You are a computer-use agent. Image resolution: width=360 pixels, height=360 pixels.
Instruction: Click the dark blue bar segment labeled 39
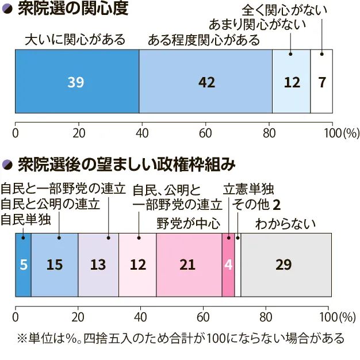point(76,82)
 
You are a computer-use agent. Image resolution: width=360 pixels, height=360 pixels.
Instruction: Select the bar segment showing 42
point(205,82)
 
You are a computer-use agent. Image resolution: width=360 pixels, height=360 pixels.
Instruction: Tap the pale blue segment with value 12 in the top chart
point(291,82)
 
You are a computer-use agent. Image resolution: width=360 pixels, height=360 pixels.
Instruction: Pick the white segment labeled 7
point(321,82)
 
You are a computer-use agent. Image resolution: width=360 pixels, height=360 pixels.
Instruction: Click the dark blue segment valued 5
point(23,265)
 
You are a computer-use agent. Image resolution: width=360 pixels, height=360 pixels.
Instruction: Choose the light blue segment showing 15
point(55,265)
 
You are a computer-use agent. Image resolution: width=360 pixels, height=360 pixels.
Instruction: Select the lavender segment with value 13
point(98,265)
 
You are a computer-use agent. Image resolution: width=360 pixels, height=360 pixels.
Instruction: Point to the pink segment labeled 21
point(189,265)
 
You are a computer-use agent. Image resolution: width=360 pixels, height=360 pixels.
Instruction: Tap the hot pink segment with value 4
point(228,265)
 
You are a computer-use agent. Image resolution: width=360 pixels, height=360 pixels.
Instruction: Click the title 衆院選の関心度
point(72,10)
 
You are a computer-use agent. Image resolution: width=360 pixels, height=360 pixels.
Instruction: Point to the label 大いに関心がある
point(75,40)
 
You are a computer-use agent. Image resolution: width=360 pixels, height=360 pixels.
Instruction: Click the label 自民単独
point(26,219)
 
